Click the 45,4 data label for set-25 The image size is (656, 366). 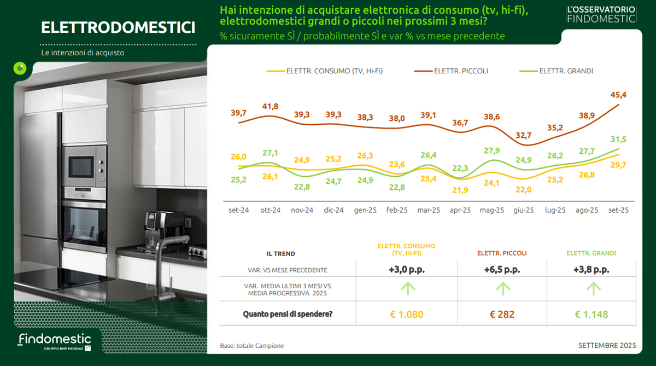point(618,95)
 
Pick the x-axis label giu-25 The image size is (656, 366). point(524,210)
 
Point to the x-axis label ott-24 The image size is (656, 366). point(270,210)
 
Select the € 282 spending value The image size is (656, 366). point(502,314)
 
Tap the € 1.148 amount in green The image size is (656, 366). point(591,314)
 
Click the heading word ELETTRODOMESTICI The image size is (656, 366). point(118,27)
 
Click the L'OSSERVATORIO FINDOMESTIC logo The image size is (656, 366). point(601,14)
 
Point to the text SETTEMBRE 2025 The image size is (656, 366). point(607,345)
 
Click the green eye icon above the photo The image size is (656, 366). point(20,68)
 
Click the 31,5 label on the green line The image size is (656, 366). point(618,139)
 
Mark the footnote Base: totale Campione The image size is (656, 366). point(252,346)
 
